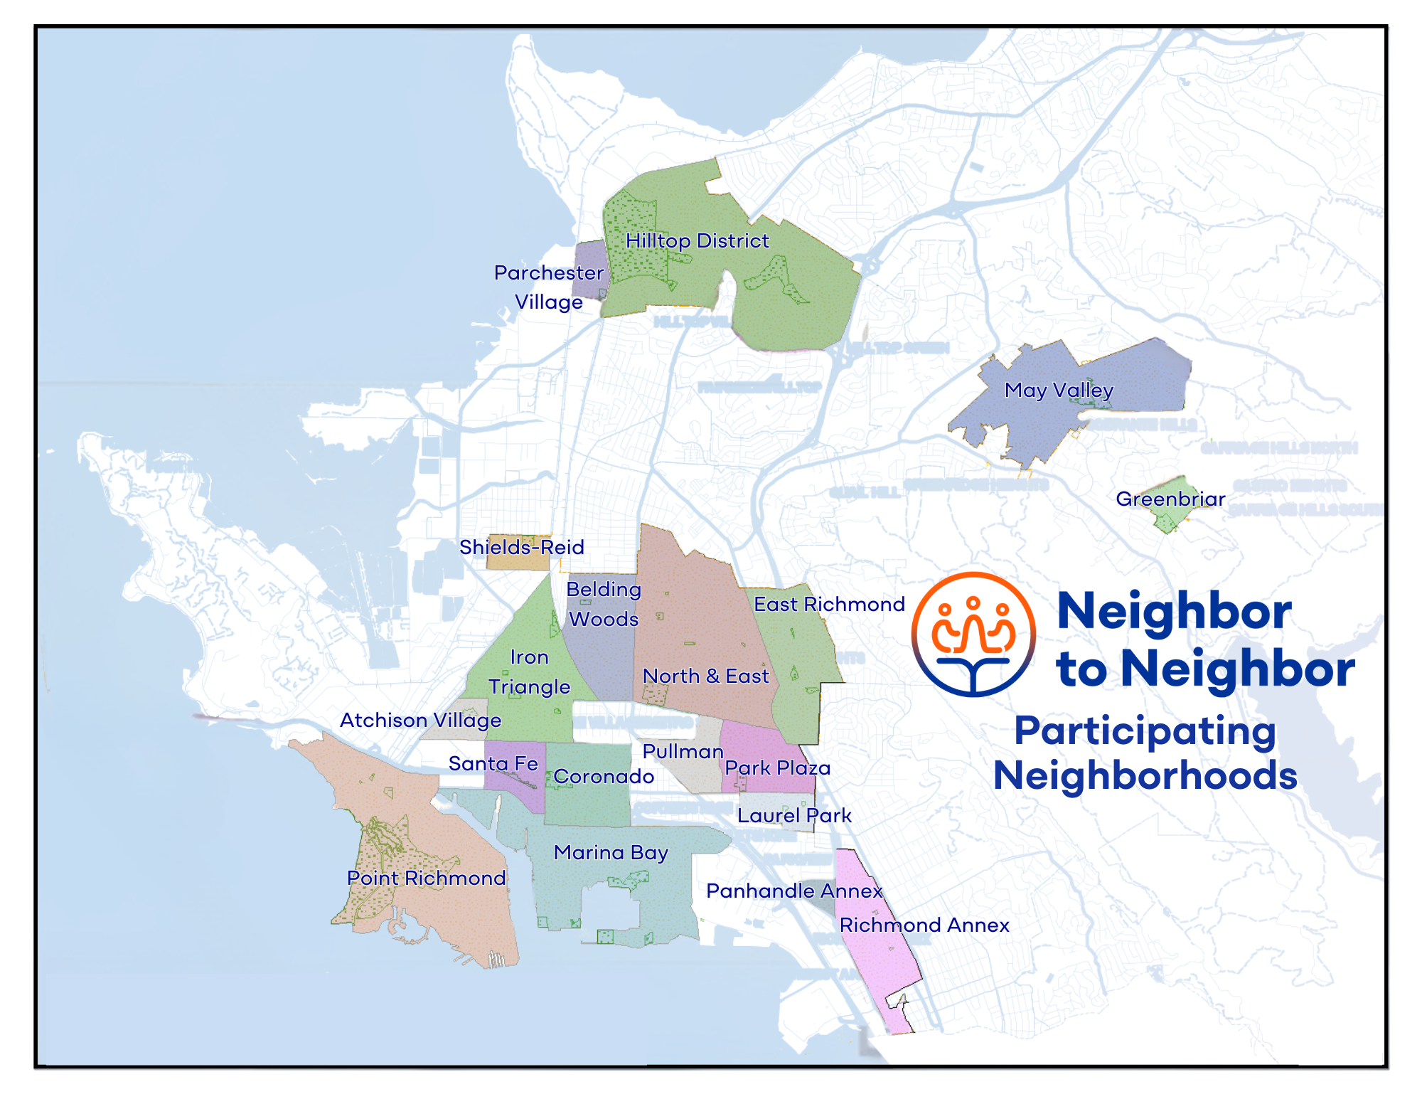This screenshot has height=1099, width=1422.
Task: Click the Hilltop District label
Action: (697, 241)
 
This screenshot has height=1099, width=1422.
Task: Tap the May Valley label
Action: (1059, 390)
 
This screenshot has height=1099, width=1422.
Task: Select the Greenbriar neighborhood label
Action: (1170, 499)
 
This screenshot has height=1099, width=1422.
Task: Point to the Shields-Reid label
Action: (521, 547)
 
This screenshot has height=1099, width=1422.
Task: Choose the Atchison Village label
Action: (420, 720)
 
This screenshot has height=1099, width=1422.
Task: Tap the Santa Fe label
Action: (493, 763)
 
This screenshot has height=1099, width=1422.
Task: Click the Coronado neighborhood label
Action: (604, 776)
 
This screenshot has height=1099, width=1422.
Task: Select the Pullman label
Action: (683, 751)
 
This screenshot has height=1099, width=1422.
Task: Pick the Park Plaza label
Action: (778, 768)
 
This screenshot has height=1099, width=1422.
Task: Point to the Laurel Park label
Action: (794, 815)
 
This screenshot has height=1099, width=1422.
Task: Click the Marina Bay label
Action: (611, 852)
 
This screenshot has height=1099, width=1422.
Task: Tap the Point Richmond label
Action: (426, 878)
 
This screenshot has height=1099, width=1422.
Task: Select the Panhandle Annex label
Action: (794, 891)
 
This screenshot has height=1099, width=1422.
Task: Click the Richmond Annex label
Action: (924, 925)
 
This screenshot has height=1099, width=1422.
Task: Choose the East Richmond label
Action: (829, 604)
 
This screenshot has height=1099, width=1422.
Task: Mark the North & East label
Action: (705, 676)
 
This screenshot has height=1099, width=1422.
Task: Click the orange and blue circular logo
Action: (973, 634)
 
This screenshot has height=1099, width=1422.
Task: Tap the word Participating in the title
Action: (1145, 731)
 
